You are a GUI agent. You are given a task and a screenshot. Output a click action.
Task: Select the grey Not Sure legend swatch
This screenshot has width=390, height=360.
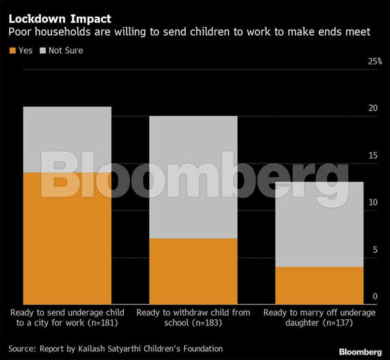pos(42,50)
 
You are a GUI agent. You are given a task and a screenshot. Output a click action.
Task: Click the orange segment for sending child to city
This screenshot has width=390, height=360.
pos(67,238)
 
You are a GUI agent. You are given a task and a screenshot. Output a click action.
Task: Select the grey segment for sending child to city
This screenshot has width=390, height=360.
pos(67,139)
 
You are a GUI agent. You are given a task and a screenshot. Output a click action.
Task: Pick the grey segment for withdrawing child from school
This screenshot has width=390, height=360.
pos(194,177)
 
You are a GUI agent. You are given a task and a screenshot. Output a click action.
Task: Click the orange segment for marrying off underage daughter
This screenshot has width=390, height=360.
pos(319,285)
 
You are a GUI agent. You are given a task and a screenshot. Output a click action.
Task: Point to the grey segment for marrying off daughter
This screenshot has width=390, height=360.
pos(319,224)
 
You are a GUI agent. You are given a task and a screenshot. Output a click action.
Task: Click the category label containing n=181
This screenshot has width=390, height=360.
pos(68,318)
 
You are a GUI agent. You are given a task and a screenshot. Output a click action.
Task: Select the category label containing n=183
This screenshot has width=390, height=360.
pos(193,318)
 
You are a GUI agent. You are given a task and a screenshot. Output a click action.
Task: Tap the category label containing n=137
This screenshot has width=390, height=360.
pos(319,318)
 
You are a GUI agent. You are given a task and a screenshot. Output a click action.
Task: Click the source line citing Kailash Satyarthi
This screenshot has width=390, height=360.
pos(115,348)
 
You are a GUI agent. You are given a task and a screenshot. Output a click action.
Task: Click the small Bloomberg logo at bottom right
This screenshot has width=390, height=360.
pos(356,351)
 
